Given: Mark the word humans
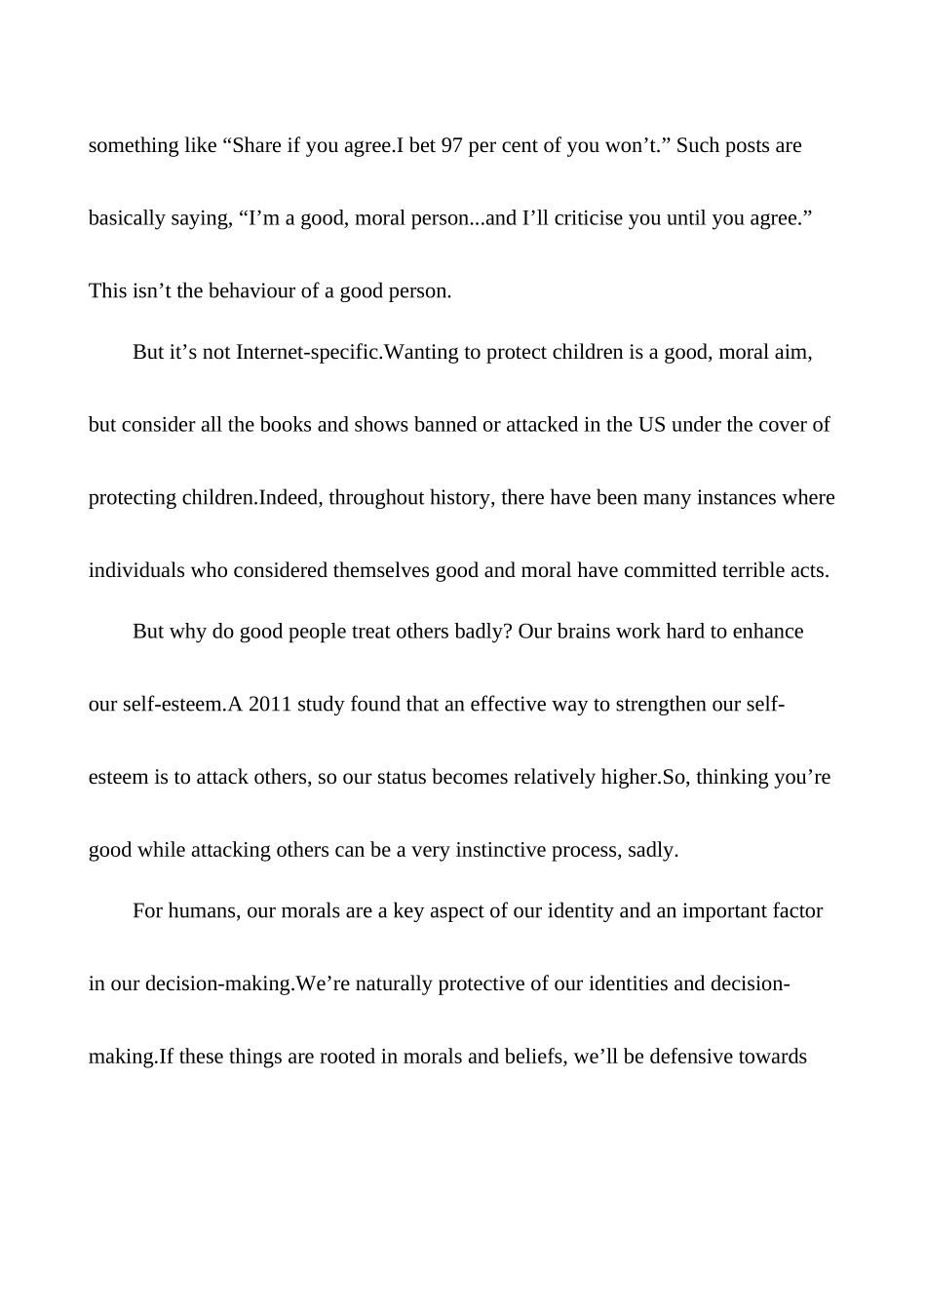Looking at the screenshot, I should point(204,911).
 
